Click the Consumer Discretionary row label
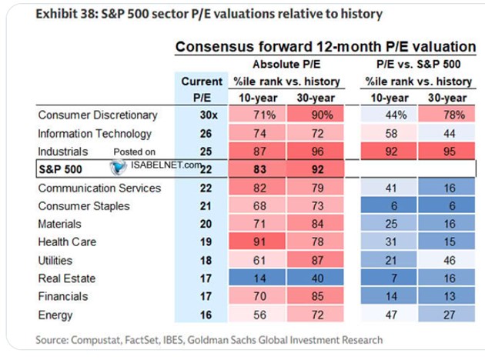tap(98, 115)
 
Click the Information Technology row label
tap(95, 134)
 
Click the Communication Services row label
tap(99, 188)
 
